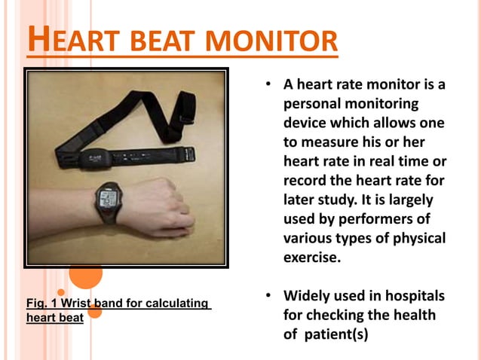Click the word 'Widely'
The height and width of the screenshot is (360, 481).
[x=306, y=296]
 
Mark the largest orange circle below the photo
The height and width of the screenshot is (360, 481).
[x=85, y=275]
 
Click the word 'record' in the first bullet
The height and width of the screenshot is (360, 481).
[x=305, y=181]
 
